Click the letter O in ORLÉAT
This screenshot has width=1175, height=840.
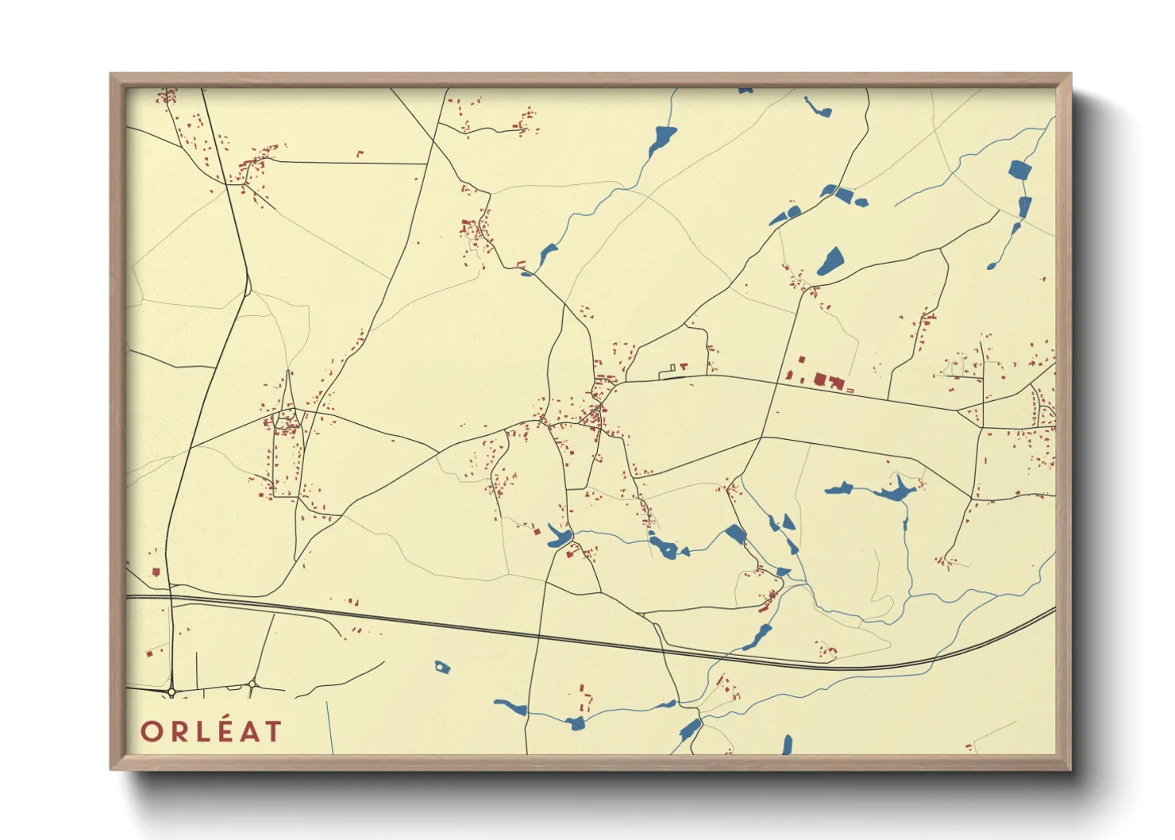152,731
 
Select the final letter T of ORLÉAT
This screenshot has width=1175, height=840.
272,731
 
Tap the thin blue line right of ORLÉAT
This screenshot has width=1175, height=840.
329,726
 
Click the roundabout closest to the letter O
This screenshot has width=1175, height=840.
171,692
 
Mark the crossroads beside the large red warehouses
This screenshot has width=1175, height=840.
777,383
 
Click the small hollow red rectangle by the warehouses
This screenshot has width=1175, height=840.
849,391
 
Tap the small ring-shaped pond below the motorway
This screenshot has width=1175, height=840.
442,668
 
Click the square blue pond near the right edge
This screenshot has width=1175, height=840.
1019,169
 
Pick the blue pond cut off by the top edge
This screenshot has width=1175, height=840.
745,91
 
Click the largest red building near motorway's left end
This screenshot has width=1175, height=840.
156,571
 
